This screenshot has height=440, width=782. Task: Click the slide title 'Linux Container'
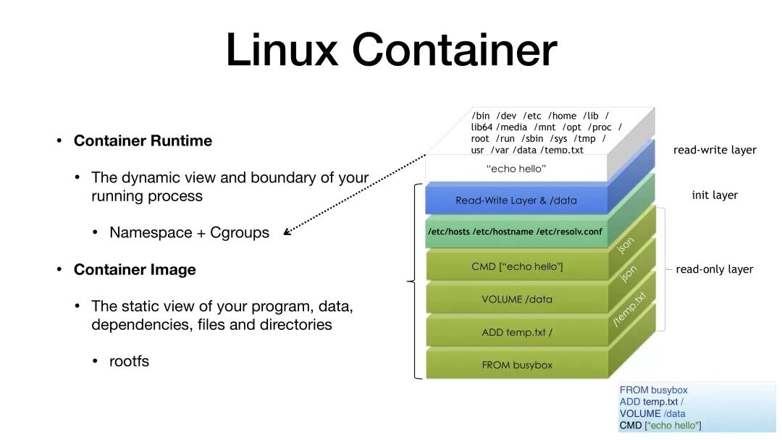pyautogui.click(x=391, y=50)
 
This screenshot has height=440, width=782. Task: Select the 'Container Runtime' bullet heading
pyautogui.click(x=143, y=141)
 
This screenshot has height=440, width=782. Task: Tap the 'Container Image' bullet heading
pyautogui.click(x=135, y=270)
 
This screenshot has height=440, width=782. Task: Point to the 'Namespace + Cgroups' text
pyautogui.click(x=189, y=233)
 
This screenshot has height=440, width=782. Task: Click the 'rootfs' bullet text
pyautogui.click(x=129, y=361)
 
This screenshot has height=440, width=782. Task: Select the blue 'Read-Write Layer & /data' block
pyautogui.click(x=516, y=200)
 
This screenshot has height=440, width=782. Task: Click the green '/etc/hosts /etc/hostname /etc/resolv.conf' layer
pyautogui.click(x=516, y=232)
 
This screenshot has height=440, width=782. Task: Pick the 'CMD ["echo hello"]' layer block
pyautogui.click(x=516, y=266)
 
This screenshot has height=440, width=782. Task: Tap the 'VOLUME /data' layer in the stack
pyautogui.click(x=516, y=299)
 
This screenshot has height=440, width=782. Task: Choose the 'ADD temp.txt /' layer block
pyautogui.click(x=516, y=332)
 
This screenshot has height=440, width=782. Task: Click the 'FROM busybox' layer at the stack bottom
pyautogui.click(x=516, y=365)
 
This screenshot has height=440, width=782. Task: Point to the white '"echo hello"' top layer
pyautogui.click(x=516, y=169)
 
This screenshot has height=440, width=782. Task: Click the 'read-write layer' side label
pyautogui.click(x=715, y=151)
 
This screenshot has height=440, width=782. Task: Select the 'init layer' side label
pyautogui.click(x=715, y=195)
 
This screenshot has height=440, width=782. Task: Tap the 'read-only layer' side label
pyautogui.click(x=715, y=269)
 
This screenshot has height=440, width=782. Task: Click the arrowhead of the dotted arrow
pyautogui.click(x=287, y=232)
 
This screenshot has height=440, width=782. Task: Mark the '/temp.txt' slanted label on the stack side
pyautogui.click(x=629, y=310)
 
